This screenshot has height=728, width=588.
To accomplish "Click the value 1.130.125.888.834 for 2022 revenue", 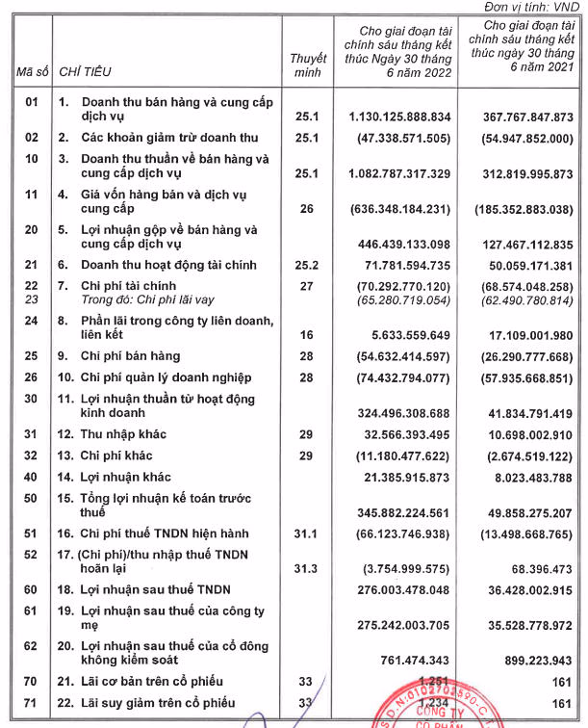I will [395, 116].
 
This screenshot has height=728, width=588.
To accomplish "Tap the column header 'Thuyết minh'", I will [308, 65].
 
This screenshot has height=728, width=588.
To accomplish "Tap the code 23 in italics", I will [31, 299].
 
